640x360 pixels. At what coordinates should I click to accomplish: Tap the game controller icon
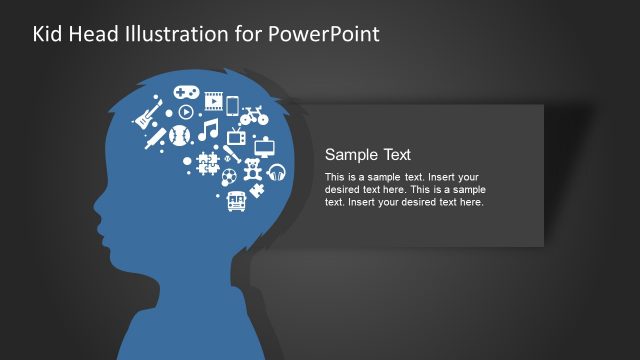(186, 90)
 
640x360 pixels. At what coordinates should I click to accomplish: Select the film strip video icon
(213, 99)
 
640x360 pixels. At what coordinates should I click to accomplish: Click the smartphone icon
(232, 105)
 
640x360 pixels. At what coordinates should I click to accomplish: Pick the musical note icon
(208, 130)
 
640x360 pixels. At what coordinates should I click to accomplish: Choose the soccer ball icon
(229, 176)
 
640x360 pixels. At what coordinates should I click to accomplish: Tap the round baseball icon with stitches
(181, 135)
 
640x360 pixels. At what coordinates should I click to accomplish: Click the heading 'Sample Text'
(368, 154)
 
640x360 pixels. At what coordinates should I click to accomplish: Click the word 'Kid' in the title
(48, 34)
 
